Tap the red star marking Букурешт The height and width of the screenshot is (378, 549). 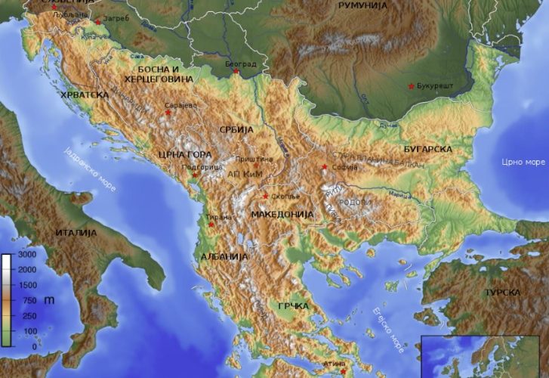point(411,85)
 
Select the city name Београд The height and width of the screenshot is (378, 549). point(241,64)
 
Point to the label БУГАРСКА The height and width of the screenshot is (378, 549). point(427,149)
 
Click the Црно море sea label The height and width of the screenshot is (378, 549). point(523,162)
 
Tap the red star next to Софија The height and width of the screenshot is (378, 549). point(325,167)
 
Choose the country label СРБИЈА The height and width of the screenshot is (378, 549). point(234,130)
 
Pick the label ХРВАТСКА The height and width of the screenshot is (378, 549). point(85,95)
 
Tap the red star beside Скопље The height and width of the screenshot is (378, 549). point(265,197)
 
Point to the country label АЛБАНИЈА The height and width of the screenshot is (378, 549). point(224,257)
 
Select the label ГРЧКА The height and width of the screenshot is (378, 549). point(294,305)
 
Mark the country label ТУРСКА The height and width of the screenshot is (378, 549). point(502,292)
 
